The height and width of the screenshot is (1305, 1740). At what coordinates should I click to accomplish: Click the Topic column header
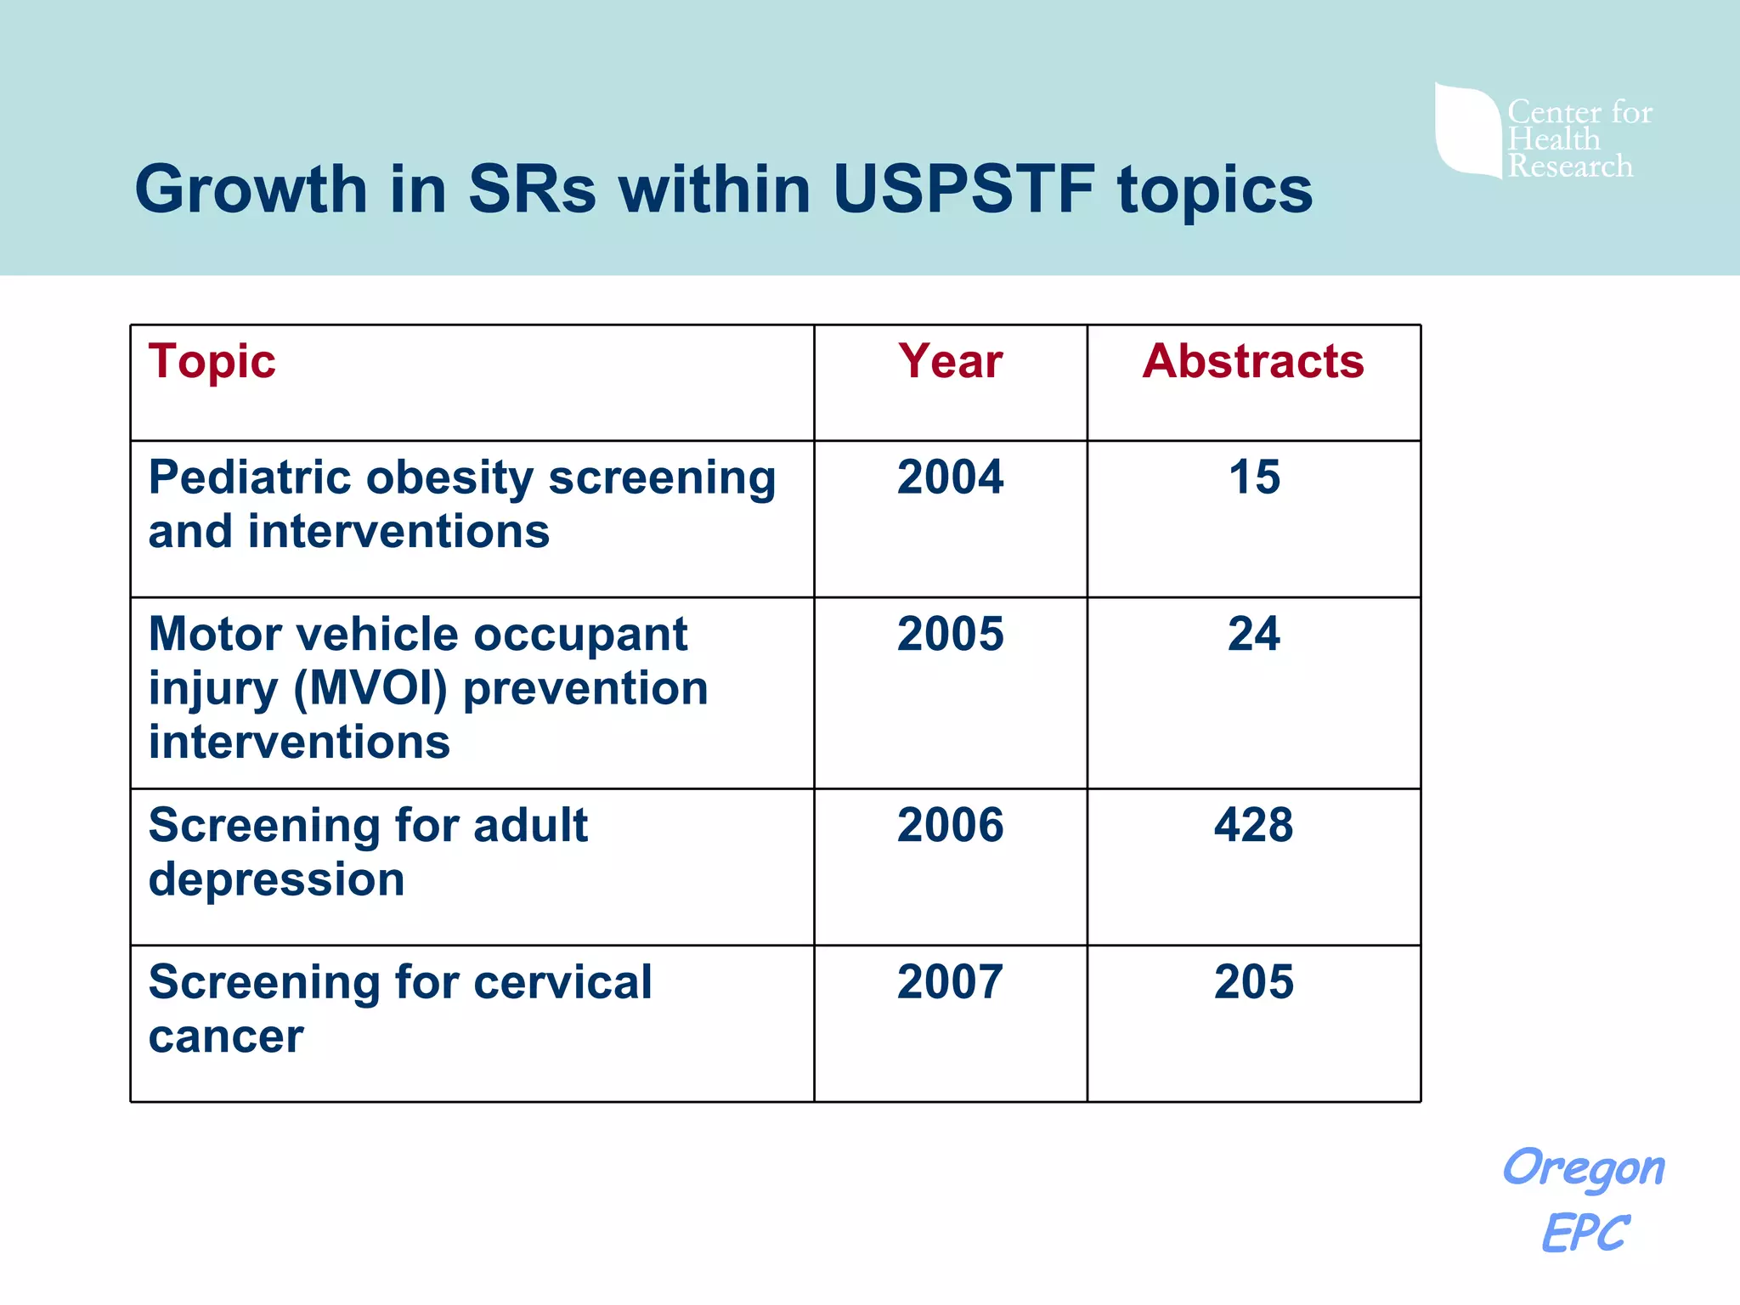pyautogui.click(x=212, y=362)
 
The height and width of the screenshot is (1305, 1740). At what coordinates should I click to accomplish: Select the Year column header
pyautogui.click(x=950, y=361)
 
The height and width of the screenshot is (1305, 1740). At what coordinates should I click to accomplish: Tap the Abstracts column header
pyautogui.click(x=1253, y=361)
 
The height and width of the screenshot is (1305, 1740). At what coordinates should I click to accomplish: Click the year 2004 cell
pyautogui.click(x=950, y=477)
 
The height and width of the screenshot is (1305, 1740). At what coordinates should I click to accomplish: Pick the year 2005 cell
pyautogui.click(x=950, y=634)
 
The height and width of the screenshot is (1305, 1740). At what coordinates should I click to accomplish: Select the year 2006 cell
pyautogui.click(x=950, y=825)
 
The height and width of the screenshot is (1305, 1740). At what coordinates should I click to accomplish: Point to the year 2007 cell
pyautogui.click(x=950, y=982)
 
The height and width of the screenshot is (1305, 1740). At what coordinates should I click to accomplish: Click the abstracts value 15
pyautogui.click(x=1254, y=477)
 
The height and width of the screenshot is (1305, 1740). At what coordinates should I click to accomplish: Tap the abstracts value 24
pyautogui.click(x=1254, y=634)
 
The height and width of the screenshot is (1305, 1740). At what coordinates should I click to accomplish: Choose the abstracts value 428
pyautogui.click(x=1254, y=825)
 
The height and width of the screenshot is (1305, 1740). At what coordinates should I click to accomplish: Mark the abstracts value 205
pyautogui.click(x=1254, y=982)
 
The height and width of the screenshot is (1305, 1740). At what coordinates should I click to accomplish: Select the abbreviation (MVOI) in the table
pyautogui.click(x=370, y=688)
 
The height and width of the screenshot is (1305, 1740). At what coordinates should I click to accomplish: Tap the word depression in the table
pyautogui.click(x=276, y=879)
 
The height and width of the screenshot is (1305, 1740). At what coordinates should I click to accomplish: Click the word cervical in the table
pyautogui.click(x=562, y=982)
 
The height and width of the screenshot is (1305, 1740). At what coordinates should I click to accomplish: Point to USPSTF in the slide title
pyautogui.click(x=963, y=189)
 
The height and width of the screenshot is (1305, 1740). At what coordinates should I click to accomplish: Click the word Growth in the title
pyautogui.click(x=251, y=189)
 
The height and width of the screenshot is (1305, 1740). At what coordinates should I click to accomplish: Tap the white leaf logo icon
pyautogui.click(x=1467, y=130)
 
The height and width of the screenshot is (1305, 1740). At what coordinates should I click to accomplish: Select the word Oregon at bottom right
pyautogui.click(x=1584, y=1168)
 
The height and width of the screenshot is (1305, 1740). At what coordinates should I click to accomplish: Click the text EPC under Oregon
pyautogui.click(x=1585, y=1233)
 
